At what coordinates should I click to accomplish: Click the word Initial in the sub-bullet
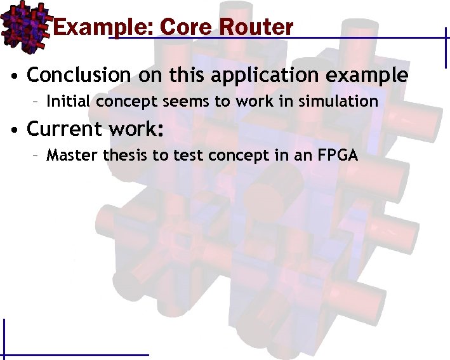67,102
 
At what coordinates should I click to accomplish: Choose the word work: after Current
136,129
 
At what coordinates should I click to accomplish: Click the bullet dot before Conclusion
13,76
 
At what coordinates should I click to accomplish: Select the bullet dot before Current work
13,130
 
